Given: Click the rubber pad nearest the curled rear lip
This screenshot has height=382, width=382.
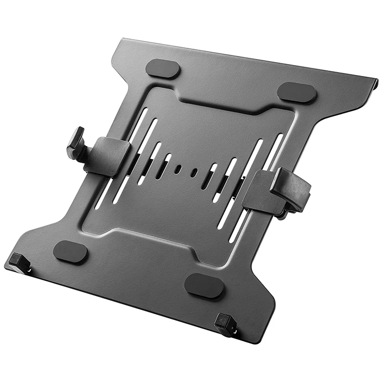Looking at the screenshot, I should tap(297, 93).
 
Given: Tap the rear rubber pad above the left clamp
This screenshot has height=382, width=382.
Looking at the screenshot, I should tap(163, 69).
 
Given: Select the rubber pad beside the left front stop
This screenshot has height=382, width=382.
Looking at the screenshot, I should tap(70, 252).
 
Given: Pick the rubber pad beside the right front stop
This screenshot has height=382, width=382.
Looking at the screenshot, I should tap(203, 285).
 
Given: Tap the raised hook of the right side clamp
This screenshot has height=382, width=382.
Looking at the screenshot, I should tap(291, 189).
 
